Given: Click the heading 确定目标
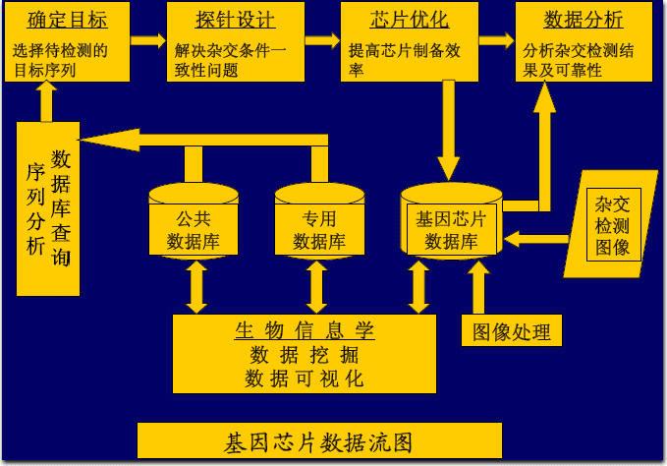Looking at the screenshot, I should [68, 20].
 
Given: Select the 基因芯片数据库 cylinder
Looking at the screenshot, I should [451, 228].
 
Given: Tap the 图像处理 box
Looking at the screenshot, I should [512, 331].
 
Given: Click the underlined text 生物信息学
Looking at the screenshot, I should [305, 330].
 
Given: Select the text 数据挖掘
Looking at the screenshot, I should [305, 355].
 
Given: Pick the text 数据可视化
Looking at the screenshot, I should [305, 379].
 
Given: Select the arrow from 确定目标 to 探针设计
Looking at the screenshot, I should [148, 40].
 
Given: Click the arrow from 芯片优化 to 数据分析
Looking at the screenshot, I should [495, 40].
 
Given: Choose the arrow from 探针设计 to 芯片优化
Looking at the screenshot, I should [319, 40].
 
